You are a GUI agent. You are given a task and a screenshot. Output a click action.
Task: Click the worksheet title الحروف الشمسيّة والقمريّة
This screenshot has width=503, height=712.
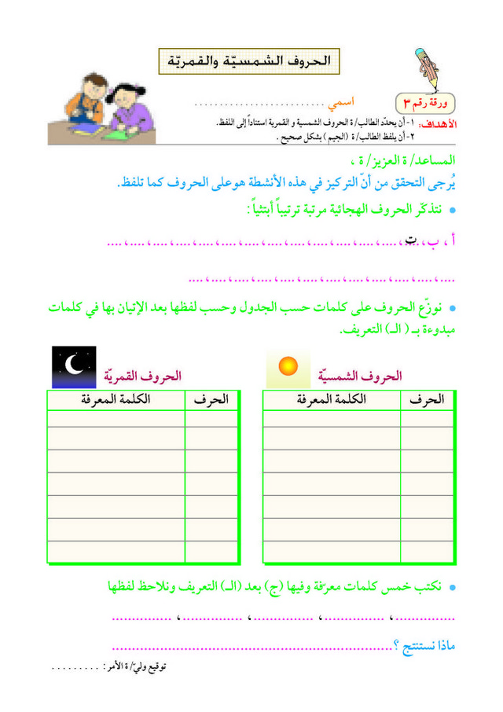[x=250, y=60]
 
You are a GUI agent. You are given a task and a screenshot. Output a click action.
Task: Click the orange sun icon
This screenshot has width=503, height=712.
[x=288, y=365]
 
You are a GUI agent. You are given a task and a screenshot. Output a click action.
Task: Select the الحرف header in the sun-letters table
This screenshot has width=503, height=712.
[x=427, y=400]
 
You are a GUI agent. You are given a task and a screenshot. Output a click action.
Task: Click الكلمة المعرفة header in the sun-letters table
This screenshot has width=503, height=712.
[x=332, y=400]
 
